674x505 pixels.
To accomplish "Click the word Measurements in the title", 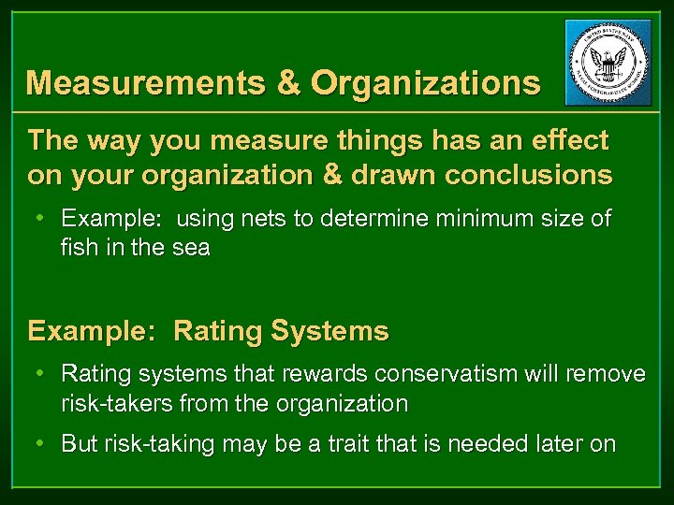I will click(x=146, y=83).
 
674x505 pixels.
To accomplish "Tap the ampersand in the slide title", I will click(x=288, y=83).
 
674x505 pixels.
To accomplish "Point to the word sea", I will click(x=191, y=249).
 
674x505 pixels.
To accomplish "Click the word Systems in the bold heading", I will click(x=329, y=331).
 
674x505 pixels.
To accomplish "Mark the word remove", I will click(x=606, y=374).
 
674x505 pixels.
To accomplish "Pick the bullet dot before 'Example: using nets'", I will click(x=41, y=219).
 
